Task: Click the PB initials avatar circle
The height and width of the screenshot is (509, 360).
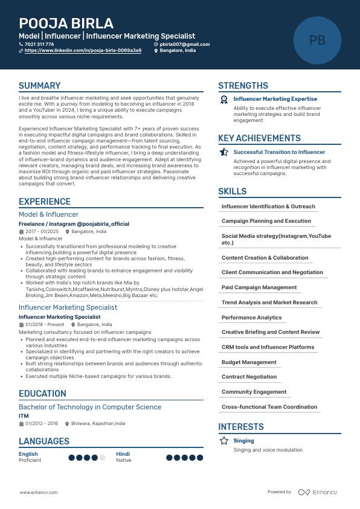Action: [317, 40]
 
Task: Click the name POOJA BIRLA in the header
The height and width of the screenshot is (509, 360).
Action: [66, 24]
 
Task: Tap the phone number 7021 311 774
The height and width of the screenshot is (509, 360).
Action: [39, 44]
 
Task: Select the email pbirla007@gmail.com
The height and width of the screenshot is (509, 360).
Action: [184, 44]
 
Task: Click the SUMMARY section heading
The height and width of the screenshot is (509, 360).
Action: [40, 86]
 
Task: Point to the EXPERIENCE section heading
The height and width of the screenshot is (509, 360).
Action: [45, 202]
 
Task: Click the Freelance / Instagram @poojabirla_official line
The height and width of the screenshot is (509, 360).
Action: [74, 224]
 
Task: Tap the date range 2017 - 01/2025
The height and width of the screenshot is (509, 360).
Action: [42, 231]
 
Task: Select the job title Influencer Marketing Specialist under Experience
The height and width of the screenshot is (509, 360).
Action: [68, 307]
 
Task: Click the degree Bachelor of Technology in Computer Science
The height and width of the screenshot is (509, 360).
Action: [90, 407]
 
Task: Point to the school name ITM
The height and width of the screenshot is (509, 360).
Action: [24, 416]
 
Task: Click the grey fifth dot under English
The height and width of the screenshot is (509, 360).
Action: [102, 458]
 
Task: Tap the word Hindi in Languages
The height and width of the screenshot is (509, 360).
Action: [123, 454]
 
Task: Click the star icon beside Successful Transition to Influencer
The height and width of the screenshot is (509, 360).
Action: [224, 152]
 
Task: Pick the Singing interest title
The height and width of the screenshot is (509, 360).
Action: [244, 441]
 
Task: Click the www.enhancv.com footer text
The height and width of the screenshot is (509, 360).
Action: [39, 493]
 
